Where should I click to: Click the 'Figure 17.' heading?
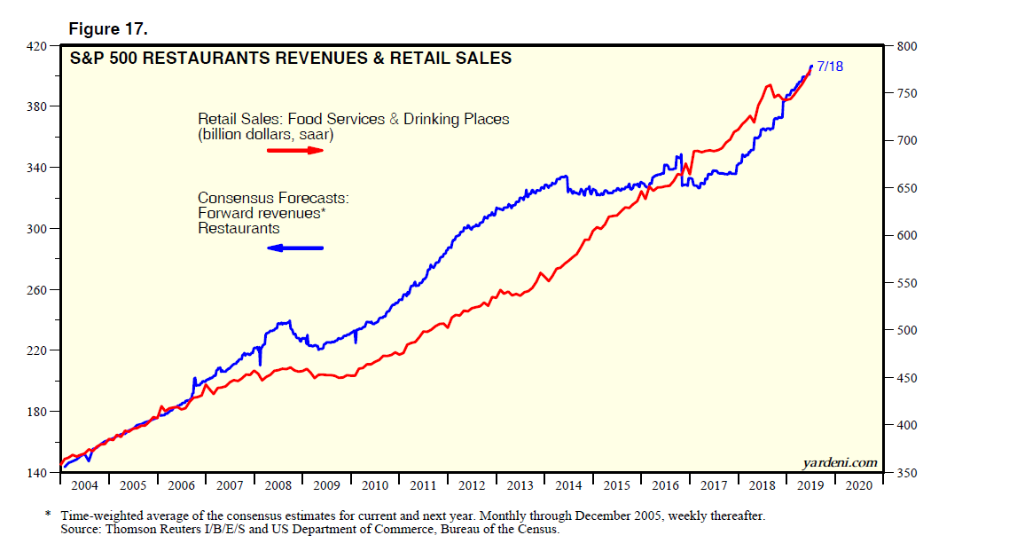pos(108,29)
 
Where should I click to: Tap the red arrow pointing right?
pos(296,151)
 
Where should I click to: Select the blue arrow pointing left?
pos(295,248)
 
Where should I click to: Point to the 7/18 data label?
pos(829,67)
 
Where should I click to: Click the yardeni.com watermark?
pos(839,462)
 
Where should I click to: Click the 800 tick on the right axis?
pos(906,46)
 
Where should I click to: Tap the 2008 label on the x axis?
pos(278,486)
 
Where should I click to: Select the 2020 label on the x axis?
pos(858,486)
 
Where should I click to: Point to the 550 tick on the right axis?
pos(906,283)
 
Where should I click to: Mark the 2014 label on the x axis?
pos(568,486)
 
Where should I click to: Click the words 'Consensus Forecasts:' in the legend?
pos(261,198)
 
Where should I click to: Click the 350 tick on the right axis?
pos(906,473)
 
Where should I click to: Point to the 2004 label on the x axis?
pos(84,486)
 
